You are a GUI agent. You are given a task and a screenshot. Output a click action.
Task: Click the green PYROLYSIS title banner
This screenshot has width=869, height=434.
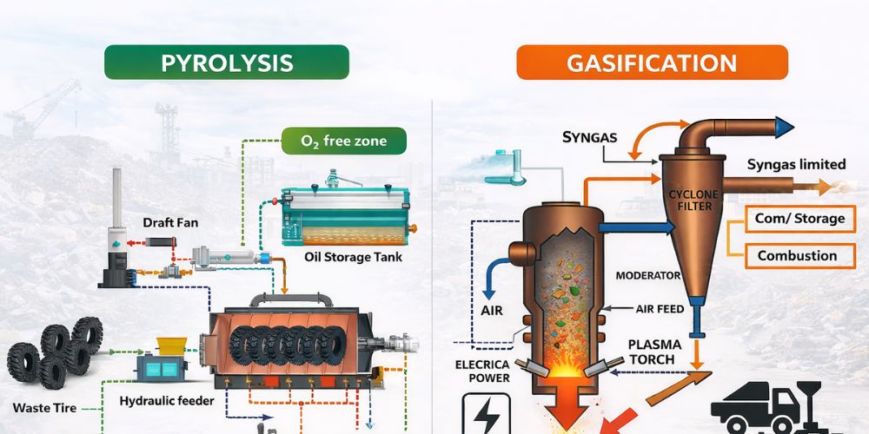226,62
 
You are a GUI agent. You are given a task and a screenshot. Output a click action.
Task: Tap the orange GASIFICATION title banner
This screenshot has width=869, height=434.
652,62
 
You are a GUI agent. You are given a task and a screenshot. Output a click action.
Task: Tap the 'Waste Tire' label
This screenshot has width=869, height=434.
43,407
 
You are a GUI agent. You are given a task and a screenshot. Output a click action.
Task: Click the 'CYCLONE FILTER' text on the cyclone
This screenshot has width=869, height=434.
691,199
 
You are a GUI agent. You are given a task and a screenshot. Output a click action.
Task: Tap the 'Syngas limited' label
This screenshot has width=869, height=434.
796,164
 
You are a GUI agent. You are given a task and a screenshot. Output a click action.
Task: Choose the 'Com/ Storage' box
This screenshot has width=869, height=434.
800,218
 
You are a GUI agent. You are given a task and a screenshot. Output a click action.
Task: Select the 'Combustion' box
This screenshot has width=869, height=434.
797,255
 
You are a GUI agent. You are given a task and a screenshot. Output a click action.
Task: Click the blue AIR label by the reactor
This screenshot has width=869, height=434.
492,310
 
